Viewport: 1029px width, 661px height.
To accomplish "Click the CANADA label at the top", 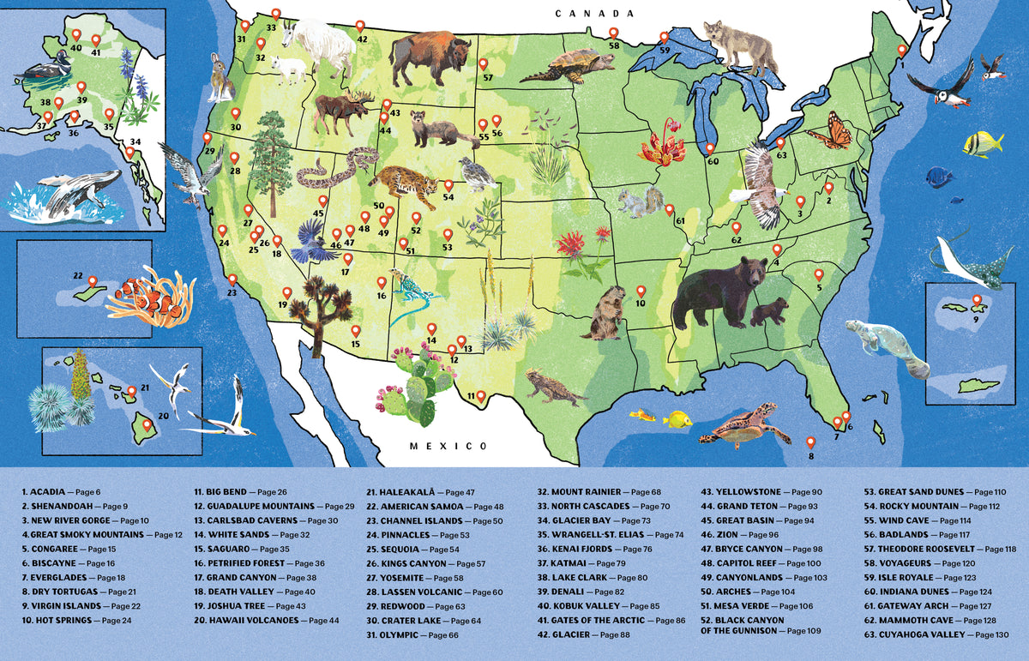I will [x=593, y=14].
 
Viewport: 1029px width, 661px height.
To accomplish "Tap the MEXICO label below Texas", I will [x=448, y=446].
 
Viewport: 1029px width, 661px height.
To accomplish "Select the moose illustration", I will [x=343, y=113].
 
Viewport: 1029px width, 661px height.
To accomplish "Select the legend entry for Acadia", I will [x=55, y=492].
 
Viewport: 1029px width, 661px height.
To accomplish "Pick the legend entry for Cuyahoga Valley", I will [x=923, y=634].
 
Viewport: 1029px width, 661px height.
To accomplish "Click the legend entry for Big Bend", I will [x=232, y=492].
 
